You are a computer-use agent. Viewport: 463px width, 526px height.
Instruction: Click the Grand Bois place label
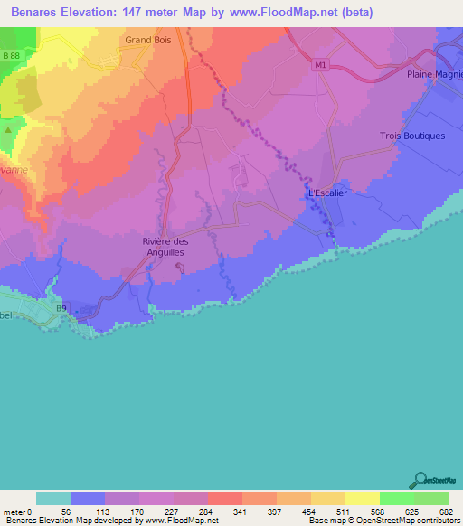click(x=149, y=41)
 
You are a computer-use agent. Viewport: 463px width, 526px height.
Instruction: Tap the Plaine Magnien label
click(x=434, y=75)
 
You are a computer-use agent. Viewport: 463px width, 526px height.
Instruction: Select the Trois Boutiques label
click(x=411, y=136)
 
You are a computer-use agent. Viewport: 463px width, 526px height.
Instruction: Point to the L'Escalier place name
click(x=327, y=193)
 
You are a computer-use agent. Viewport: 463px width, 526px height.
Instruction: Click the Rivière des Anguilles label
click(x=165, y=247)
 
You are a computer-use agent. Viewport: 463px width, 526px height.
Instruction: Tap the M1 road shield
click(x=320, y=64)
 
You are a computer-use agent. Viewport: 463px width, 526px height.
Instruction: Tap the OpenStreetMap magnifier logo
click(x=420, y=479)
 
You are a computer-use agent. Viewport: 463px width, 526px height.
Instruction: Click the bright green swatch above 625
click(x=397, y=498)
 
